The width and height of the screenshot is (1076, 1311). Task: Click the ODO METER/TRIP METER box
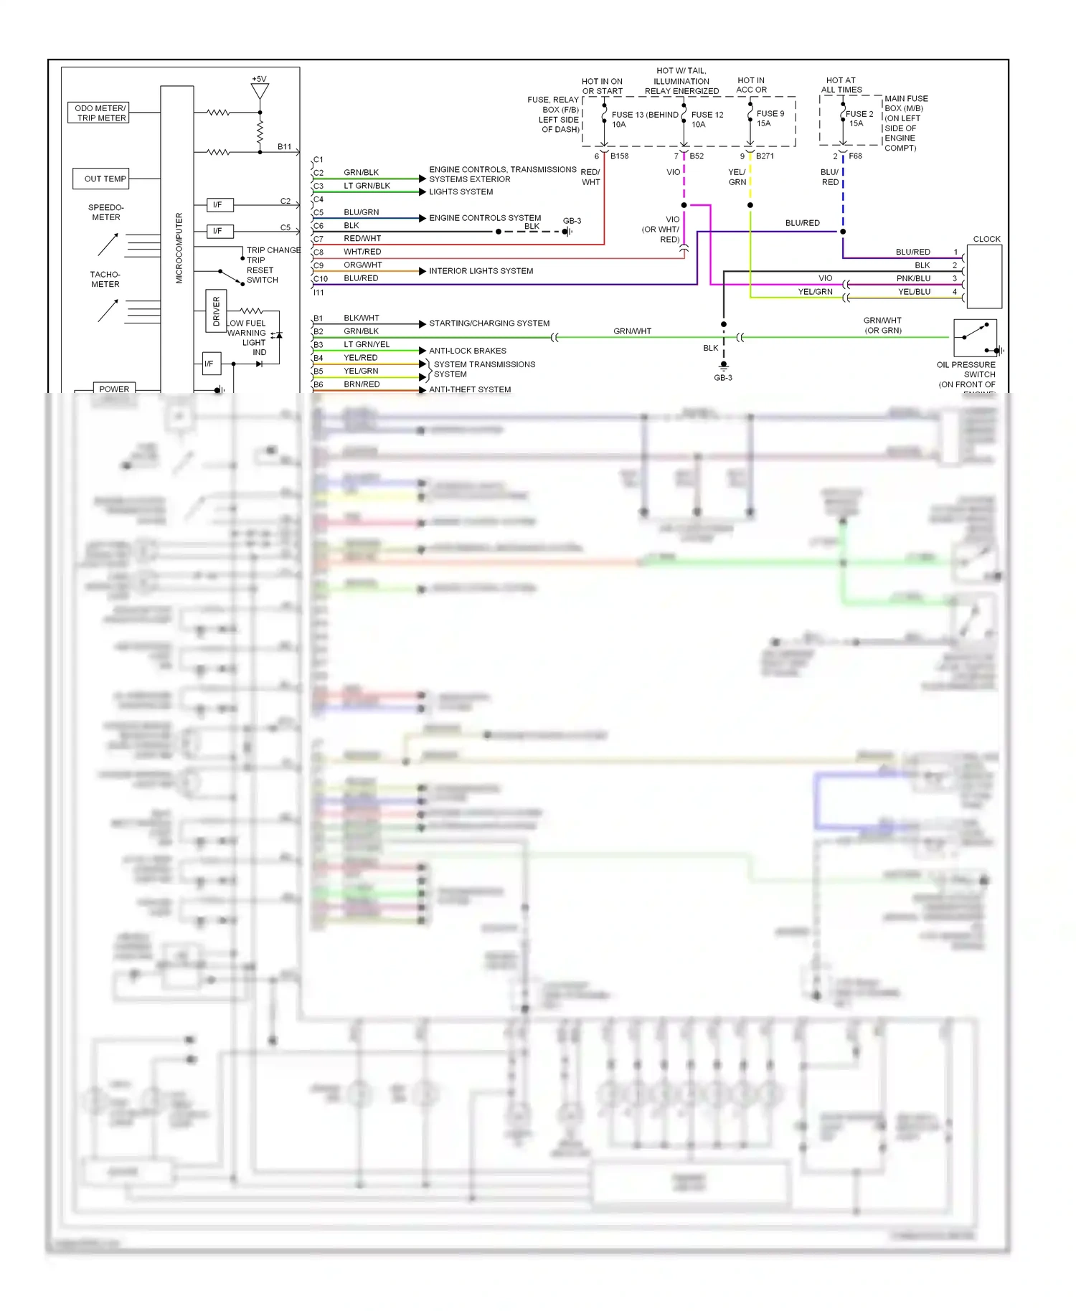pyautogui.click(x=99, y=113)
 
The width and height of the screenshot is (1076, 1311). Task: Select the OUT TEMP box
pyautogui.click(x=101, y=179)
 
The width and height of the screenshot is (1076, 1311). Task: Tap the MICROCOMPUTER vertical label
pyautogui.click(x=179, y=247)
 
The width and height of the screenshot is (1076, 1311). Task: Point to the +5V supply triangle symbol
pyautogui.click(x=260, y=91)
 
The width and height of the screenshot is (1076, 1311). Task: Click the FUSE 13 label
pyautogui.click(x=628, y=115)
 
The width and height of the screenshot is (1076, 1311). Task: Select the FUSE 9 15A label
pyautogui.click(x=770, y=118)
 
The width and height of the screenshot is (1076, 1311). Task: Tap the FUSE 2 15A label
pyautogui.click(x=859, y=118)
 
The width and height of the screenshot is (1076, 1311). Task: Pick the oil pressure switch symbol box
pyautogui.click(x=975, y=338)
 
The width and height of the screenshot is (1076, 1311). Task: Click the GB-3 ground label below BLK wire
pyautogui.click(x=722, y=378)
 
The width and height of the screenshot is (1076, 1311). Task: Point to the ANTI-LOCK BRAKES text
pyautogui.click(x=468, y=351)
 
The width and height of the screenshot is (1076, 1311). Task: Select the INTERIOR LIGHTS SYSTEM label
pyautogui.click(x=481, y=271)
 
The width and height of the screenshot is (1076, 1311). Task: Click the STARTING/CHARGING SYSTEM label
pyautogui.click(x=489, y=323)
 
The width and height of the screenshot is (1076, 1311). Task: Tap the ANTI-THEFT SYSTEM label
pyautogui.click(x=470, y=389)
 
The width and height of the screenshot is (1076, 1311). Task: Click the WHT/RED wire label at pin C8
pyautogui.click(x=362, y=252)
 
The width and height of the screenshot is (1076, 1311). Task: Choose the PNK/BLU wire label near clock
pyautogui.click(x=913, y=278)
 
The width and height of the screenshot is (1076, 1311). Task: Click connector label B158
pyautogui.click(x=619, y=156)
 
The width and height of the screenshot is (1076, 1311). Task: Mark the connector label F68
pyautogui.click(x=855, y=156)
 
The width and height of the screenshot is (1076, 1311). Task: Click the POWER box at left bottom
pyautogui.click(x=114, y=389)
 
